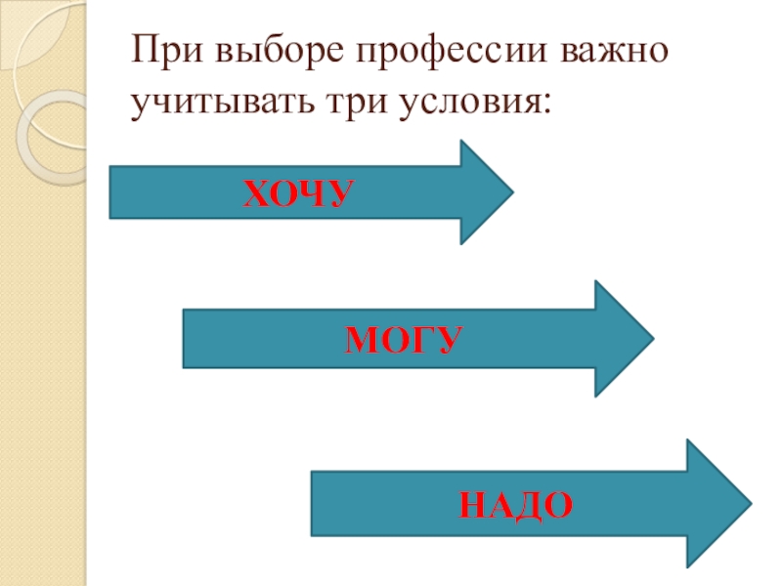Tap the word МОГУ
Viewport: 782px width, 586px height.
coord(403,342)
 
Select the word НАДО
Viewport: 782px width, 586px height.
coord(515,505)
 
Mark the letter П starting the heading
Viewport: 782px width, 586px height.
coord(146,51)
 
